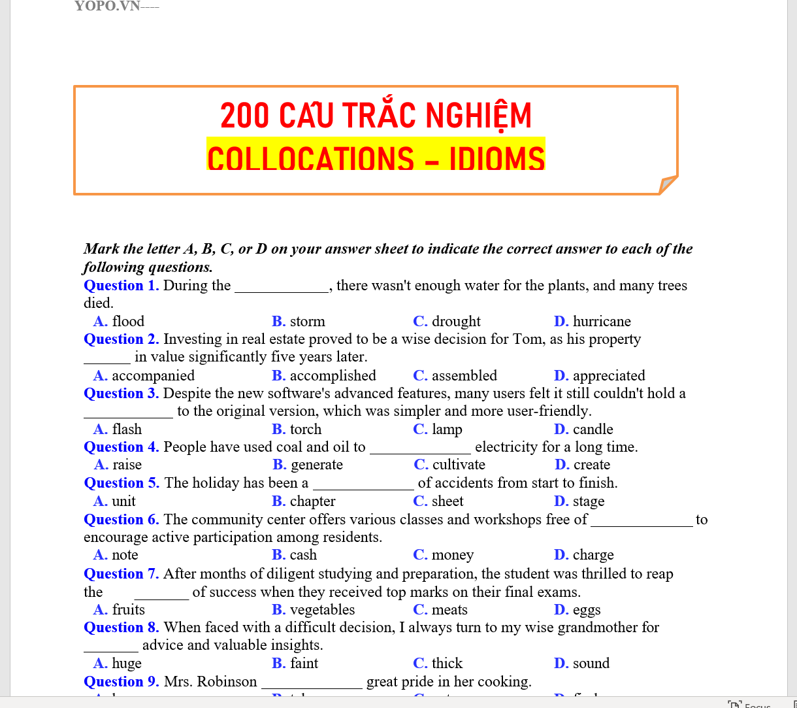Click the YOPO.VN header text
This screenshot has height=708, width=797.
(107, 7)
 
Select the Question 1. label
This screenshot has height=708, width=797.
(121, 286)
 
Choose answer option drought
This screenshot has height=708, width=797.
(455, 322)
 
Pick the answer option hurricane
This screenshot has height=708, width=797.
(601, 322)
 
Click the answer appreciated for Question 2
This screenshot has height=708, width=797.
(608, 376)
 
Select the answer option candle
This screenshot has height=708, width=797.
(593, 430)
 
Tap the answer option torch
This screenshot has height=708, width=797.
(305, 430)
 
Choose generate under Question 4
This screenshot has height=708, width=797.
(316, 465)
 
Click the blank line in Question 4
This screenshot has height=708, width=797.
(420, 449)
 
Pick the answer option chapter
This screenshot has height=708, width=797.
(312, 501)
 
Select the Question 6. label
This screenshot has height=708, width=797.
(121, 520)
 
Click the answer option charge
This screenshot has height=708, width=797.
(593, 555)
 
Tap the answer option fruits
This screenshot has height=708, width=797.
(128, 610)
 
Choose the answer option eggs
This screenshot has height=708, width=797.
(586, 610)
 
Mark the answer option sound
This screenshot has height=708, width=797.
(591, 664)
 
